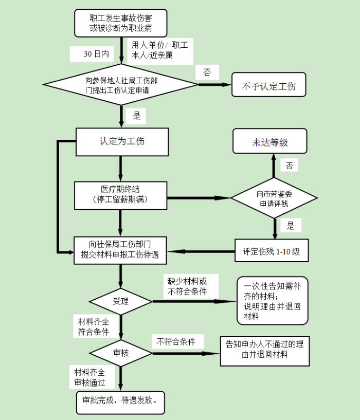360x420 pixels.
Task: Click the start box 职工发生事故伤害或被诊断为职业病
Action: point(121,23)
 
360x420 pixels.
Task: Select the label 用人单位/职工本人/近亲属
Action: point(159,50)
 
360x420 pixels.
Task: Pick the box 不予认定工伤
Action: point(269,85)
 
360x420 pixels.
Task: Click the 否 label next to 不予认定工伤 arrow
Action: point(207,72)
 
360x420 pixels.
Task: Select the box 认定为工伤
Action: point(122,141)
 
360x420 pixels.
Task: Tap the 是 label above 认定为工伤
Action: point(136,116)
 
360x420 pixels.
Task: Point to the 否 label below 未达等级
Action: point(290,166)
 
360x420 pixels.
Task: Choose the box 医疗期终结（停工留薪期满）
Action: point(121,195)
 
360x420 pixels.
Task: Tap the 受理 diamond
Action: point(121,301)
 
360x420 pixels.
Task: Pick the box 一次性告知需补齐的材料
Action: point(273,301)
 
